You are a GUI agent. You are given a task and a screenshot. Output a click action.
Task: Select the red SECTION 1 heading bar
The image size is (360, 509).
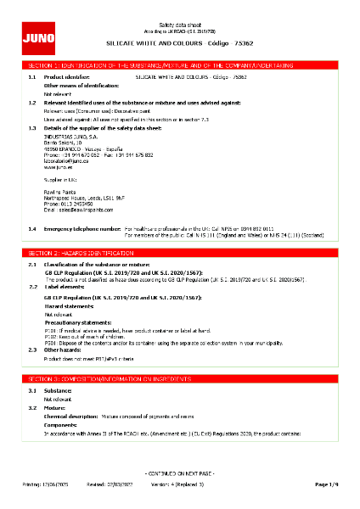(180, 64)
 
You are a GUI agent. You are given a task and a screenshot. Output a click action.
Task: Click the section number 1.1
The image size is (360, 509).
(31, 76)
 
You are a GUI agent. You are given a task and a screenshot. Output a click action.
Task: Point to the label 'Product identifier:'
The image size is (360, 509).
(66, 76)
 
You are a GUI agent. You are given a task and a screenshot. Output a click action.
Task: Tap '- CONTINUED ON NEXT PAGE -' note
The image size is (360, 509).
(180, 472)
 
